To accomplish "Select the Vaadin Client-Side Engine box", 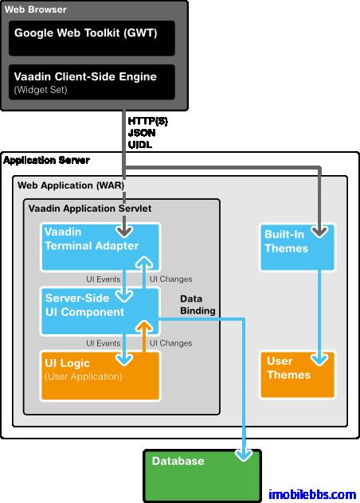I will coord(93,82).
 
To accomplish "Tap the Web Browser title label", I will coord(36,10).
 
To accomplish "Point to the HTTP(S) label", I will coord(147,120).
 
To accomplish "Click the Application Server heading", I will coord(46,160).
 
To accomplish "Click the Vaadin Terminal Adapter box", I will coord(100,247).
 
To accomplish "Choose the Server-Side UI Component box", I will coord(100,310).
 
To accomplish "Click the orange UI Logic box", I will coord(100,375).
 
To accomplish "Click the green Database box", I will coord(202,473).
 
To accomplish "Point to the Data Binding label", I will coord(198,305).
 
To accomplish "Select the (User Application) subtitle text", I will coord(84,376).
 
